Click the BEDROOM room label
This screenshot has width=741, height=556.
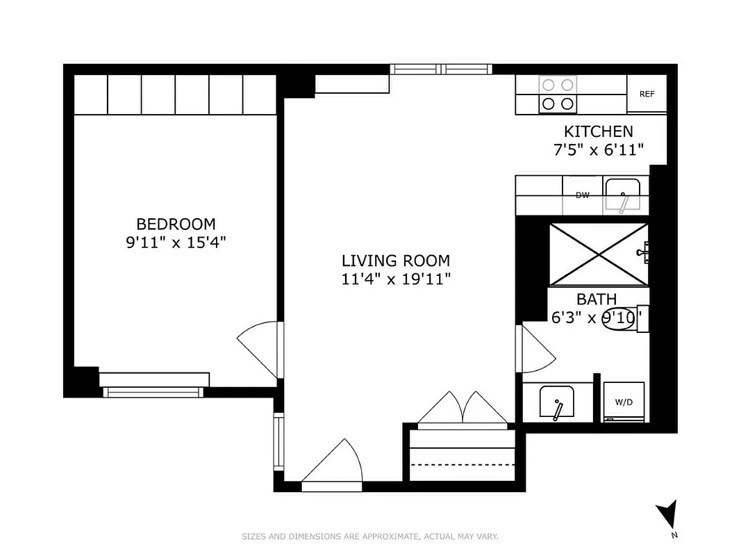pos(176,224)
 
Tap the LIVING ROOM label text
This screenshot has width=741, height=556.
pos(395,261)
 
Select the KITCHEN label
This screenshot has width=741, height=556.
pos(598,131)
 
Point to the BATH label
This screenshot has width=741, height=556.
pos(597,300)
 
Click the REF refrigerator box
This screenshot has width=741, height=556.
pos(647,95)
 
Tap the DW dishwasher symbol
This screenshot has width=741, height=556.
pos(582,195)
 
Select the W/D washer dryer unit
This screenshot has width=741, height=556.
pos(624,402)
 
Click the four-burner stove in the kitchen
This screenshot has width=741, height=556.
pos(558,95)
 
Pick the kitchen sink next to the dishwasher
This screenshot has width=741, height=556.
pos(623,195)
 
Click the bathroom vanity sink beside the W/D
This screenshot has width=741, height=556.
pos(558,402)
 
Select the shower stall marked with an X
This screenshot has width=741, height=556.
pos(598,254)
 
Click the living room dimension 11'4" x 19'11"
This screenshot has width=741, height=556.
pos(395,279)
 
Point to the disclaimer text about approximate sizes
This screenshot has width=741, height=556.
pos(370,537)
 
